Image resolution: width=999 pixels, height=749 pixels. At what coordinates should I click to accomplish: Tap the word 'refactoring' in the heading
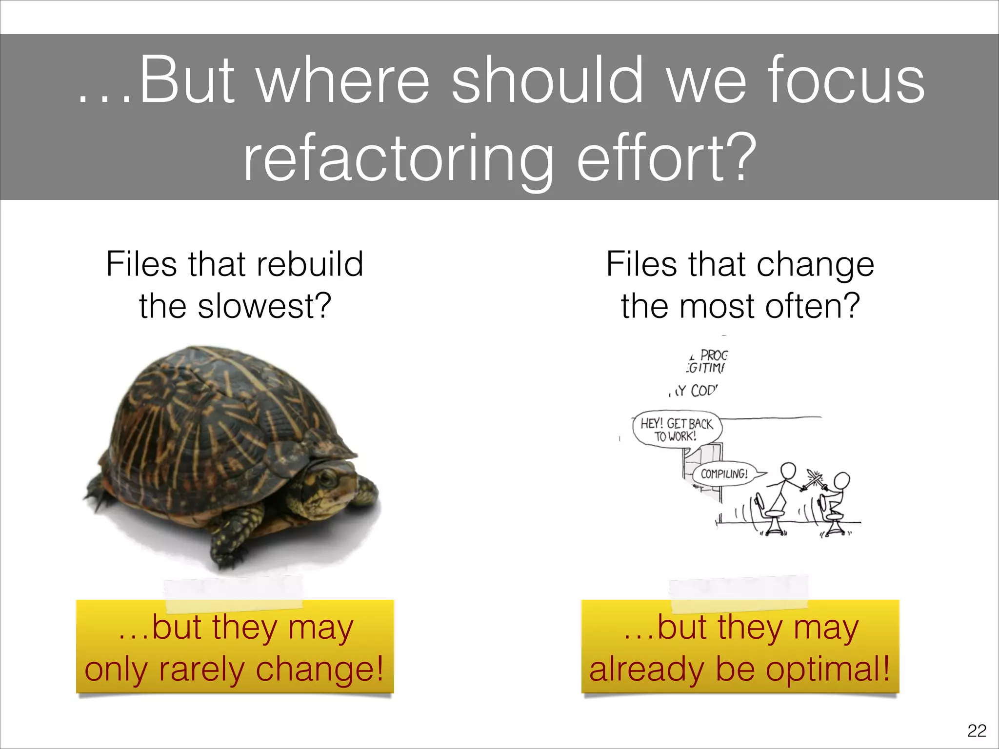(398, 158)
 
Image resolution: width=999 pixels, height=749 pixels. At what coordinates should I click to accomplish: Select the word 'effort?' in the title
(666, 158)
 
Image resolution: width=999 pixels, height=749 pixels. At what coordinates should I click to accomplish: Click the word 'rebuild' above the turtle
(310, 264)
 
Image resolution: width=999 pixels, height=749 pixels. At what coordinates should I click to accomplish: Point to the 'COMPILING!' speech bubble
(724, 473)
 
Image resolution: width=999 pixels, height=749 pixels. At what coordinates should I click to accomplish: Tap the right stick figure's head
(842, 481)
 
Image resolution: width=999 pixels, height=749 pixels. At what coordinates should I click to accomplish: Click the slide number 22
(977, 730)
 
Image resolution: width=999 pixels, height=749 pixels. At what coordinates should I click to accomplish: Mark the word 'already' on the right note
(646, 669)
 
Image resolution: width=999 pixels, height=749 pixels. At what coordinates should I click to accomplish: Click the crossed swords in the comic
(814, 480)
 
